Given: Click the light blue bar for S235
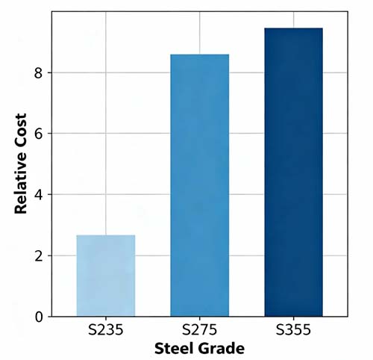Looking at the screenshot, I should click(x=105, y=276).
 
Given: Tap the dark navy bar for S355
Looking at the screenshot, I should click(x=293, y=172).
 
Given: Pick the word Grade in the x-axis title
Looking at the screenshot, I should click(x=222, y=348).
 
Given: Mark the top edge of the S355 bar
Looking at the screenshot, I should click(x=293, y=28).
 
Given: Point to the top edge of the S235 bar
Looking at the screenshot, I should click(x=105, y=235).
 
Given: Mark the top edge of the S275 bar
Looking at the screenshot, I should click(x=199, y=55).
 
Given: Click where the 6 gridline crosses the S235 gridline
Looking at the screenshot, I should click(x=105, y=134).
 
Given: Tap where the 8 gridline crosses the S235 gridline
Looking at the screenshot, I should click(x=105, y=73).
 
